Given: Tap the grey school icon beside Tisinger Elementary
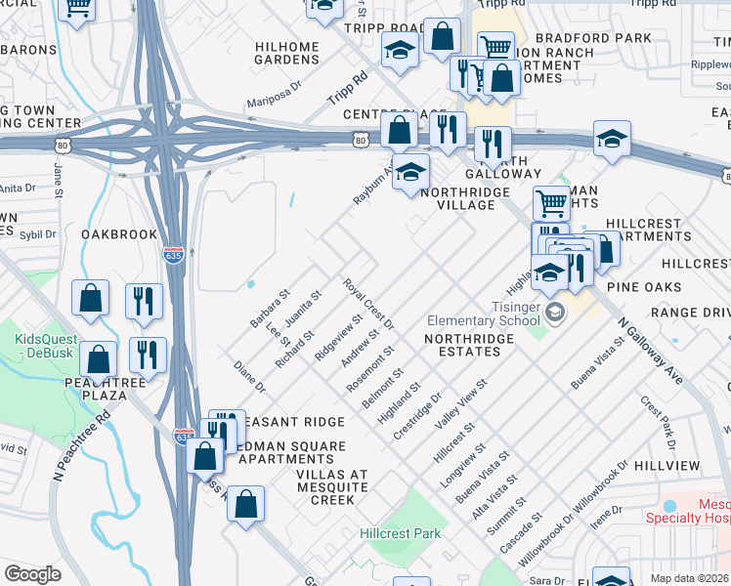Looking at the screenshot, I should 555,312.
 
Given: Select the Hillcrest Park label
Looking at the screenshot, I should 400,533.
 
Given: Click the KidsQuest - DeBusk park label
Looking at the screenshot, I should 39,346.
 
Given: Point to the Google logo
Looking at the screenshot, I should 32,574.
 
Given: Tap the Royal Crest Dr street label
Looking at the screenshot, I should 367,304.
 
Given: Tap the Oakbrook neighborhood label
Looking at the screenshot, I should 119,234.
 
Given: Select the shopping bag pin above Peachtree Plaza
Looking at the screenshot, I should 98,358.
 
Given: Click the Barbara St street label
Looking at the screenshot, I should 271,308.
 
